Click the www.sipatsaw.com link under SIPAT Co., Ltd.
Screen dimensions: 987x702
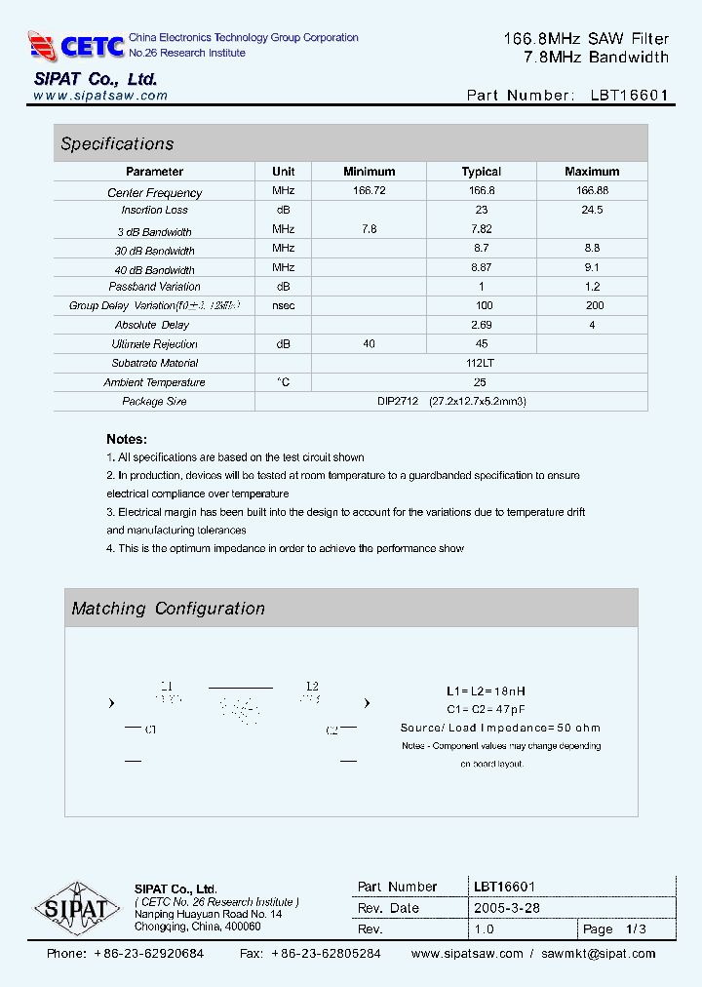click(x=100, y=96)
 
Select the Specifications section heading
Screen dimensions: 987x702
click(x=117, y=144)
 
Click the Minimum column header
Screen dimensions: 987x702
click(x=370, y=172)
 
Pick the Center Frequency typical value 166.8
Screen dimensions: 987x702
click(x=482, y=191)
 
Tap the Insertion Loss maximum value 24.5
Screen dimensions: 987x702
click(x=592, y=210)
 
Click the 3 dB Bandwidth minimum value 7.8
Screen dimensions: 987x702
click(x=370, y=228)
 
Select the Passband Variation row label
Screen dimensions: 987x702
click(x=154, y=287)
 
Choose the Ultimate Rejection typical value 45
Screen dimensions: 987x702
click(x=482, y=343)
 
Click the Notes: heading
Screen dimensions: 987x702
click(x=127, y=439)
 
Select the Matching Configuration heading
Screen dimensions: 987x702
click(x=168, y=609)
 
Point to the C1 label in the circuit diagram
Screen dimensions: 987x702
click(x=151, y=729)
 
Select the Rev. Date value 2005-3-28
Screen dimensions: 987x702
click(x=507, y=908)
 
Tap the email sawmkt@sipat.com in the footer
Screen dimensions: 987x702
click(x=599, y=954)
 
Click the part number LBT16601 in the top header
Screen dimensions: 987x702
click(x=630, y=96)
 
